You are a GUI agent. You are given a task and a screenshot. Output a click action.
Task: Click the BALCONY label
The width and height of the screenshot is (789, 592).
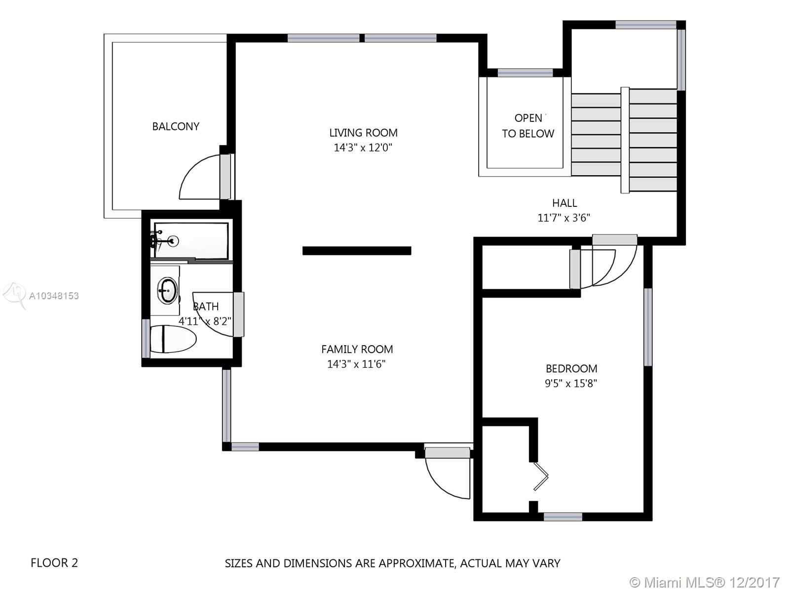coord(176,126)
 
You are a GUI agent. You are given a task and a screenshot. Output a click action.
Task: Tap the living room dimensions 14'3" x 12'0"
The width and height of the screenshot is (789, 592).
coord(363,148)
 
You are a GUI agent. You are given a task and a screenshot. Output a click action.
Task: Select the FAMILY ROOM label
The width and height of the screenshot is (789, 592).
coord(357,349)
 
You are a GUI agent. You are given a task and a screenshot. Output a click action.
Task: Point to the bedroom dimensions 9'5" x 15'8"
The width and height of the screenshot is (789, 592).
coord(571,384)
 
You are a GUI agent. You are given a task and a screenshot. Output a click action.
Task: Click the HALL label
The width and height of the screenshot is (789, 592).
coord(564,203)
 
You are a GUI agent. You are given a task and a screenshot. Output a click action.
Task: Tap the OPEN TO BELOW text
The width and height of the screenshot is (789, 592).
coord(528,126)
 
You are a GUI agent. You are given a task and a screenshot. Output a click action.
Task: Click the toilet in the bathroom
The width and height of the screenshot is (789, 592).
coord(173,339)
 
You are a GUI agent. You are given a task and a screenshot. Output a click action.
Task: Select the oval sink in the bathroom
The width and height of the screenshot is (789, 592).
coord(167,290)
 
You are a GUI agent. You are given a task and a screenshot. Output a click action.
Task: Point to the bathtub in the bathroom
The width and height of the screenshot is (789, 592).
coord(191,240)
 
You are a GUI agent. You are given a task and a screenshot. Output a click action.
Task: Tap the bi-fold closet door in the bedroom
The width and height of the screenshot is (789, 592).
coord(541,476)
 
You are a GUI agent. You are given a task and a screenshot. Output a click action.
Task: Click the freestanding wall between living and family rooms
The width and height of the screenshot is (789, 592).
coord(357,251)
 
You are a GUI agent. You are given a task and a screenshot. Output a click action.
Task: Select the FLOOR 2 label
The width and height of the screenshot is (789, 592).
coord(54,563)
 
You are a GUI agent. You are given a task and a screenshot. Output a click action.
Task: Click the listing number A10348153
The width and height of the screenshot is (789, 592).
coord(54,296)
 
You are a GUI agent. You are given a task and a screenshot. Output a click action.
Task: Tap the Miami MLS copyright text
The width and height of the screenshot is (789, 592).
coord(705,582)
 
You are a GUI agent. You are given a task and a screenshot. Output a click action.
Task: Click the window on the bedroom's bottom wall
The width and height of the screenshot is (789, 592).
coord(563,517)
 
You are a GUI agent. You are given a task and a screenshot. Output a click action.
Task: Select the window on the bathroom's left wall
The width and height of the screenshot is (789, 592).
coord(146,338)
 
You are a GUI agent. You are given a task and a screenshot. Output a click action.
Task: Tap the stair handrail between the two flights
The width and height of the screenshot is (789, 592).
coord(625,140)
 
